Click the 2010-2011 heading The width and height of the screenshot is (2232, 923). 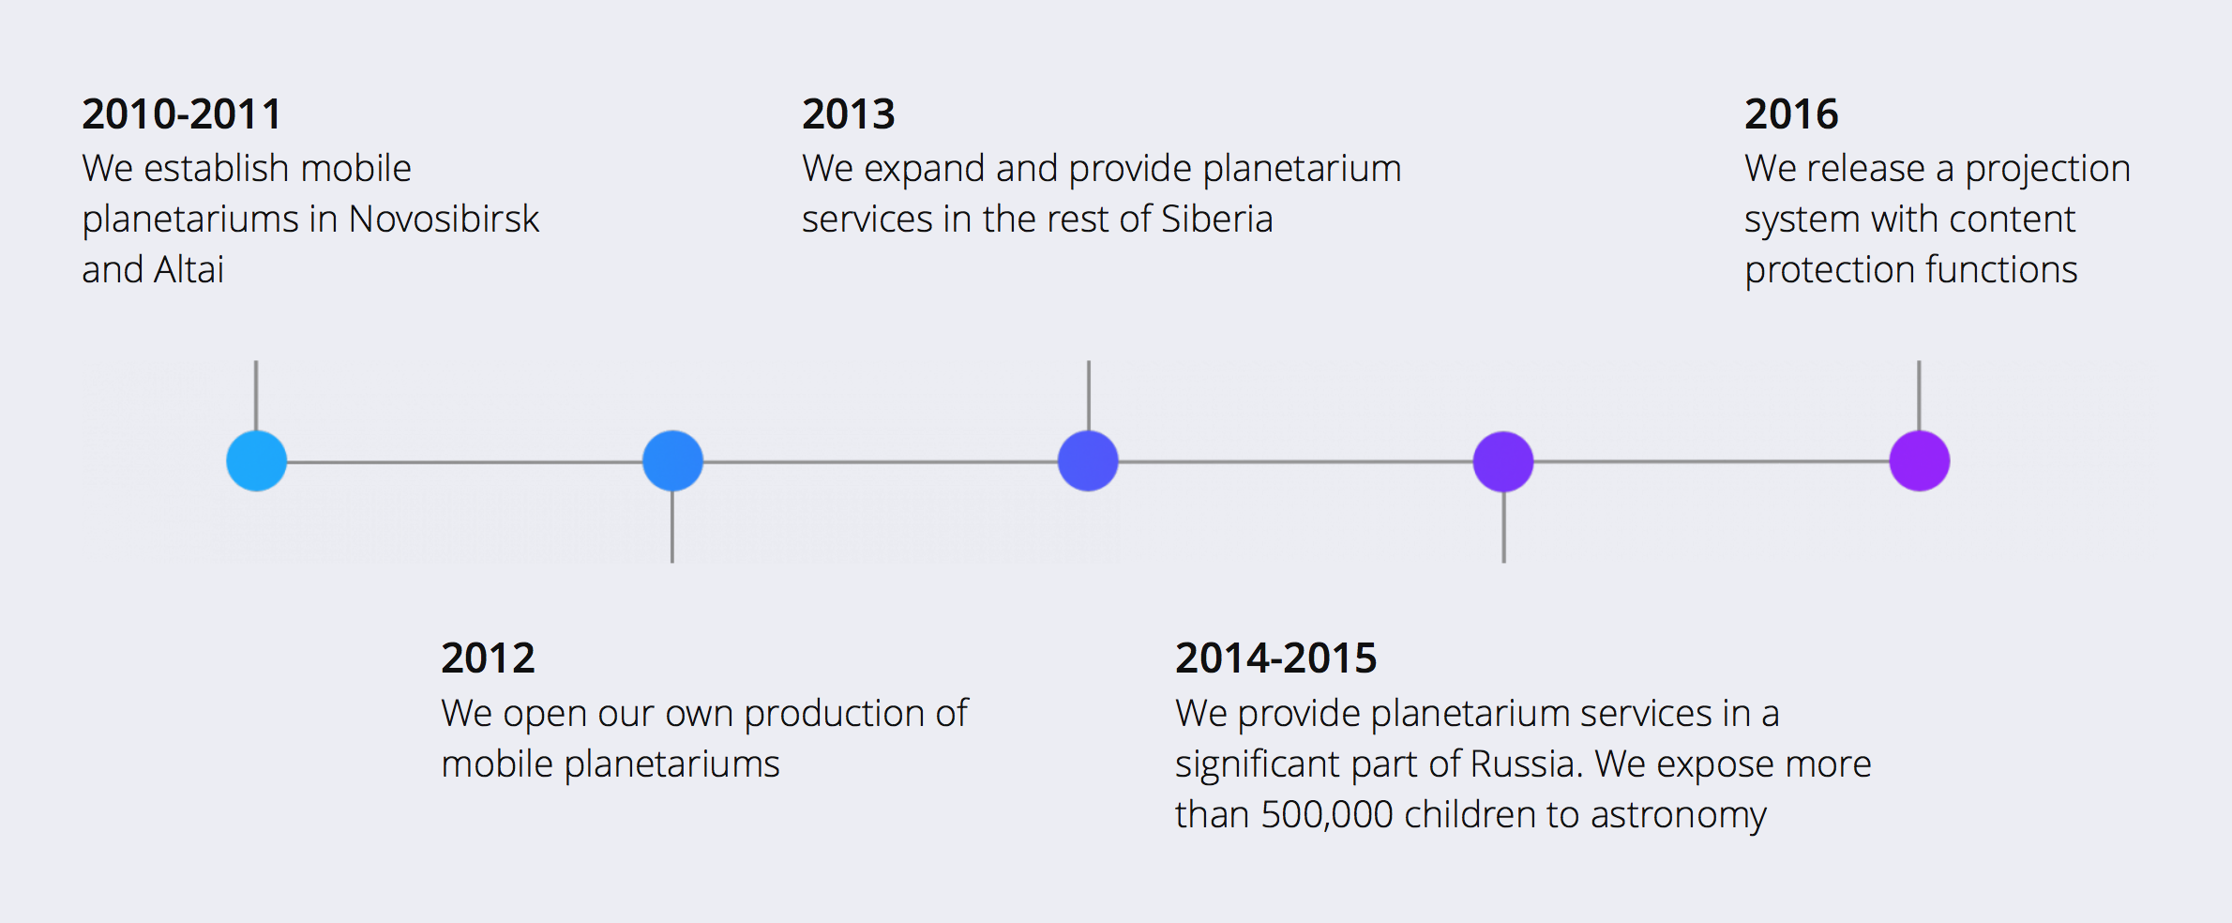[x=182, y=114]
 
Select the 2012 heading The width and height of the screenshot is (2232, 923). [x=488, y=658]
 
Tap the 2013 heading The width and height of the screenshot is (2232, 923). [x=849, y=114]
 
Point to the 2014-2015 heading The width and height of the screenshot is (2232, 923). [x=1275, y=658]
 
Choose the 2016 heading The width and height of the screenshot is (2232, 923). [x=1791, y=114]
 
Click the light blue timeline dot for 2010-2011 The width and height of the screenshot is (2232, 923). [x=256, y=461]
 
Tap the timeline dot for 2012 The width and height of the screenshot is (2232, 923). [x=672, y=461]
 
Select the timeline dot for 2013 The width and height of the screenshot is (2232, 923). [x=1088, y=461]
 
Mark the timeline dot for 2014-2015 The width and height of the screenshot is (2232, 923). [x=1503, y=461]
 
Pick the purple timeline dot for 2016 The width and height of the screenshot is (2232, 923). [x=1920, y=461]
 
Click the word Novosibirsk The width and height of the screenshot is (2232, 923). [x=444, y=219]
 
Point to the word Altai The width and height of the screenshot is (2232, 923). [x=189, y=270]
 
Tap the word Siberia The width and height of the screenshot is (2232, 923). [x=1217, y=219]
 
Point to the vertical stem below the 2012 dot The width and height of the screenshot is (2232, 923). [x=672, y=527]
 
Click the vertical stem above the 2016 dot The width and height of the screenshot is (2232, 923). [x=1919, y=396]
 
